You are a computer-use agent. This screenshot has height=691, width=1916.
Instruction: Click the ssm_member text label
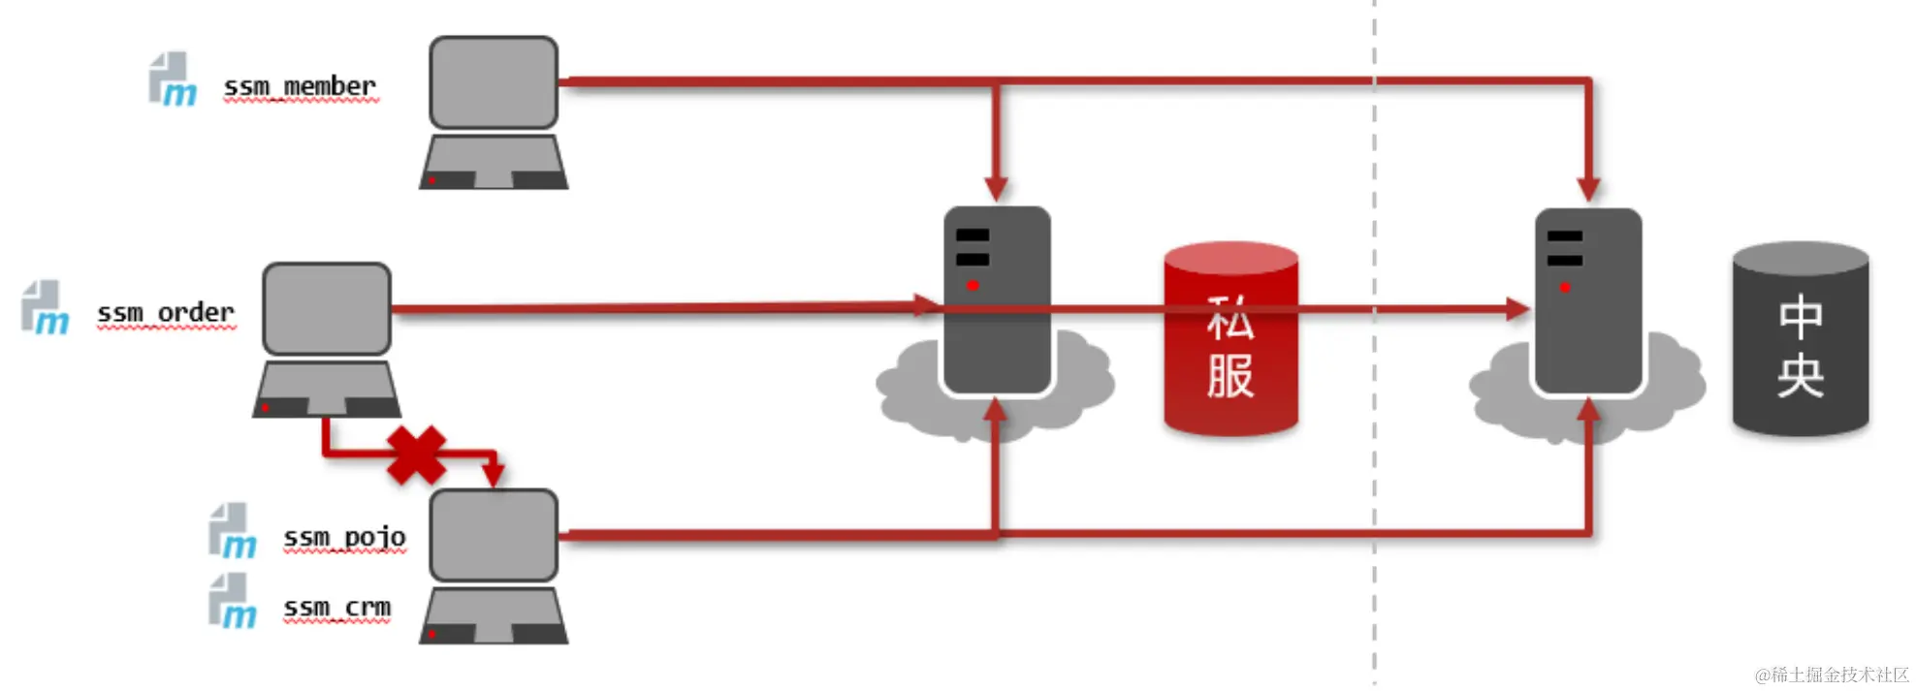pyautogui.click(x=300, y=87)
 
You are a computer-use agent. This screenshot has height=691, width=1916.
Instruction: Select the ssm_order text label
pyautogui.click(x=166, y=313)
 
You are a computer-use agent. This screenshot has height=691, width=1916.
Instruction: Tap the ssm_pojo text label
pyautogui.click(x=344, y=537)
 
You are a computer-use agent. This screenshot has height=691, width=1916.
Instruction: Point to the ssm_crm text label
pyautogui.click(x=336, y=608)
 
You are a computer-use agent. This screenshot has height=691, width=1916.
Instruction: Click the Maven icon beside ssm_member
pyautogui.click(x=173, y=79)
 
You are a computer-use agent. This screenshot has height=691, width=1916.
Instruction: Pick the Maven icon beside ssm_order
pyautogui.click(x=46, y=308)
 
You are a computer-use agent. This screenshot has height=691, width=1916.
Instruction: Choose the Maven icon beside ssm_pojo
pyautogui.click(x=233, y=532)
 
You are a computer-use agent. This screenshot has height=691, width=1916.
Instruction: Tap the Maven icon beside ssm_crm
pyautogui.click(x=233, y=602)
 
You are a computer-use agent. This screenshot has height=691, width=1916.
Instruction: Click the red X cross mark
pyautogui.click(x=416, y=455)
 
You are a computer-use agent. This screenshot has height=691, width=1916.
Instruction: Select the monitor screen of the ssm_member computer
pyautogui.click(x=494, y=82)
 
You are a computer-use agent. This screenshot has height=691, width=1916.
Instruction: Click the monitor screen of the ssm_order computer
pyautogui.click(x=327, y=308)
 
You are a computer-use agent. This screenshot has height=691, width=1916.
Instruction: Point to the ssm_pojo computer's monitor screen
pyautogui.click(x=494, y=535)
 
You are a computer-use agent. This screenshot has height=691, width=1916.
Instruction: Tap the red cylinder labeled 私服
pyautogui.click(x=1230, y=339)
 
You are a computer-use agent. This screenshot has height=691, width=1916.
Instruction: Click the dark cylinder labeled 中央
pyautogui.click(x=1800, y=339)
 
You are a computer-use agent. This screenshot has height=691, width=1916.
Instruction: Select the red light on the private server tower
pyautogui.click(x=973, y=285)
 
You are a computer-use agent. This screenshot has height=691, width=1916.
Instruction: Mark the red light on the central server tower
pyautogui.click(x=1564, y=287)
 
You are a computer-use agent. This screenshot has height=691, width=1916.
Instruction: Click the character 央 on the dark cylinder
pyautogui.click(x=1801, y=376)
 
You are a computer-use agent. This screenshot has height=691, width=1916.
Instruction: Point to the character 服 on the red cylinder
pyautogui.click(x=1230, y=376)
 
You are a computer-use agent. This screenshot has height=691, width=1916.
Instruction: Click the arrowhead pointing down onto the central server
pyautogui.click(x=1588, y=188)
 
